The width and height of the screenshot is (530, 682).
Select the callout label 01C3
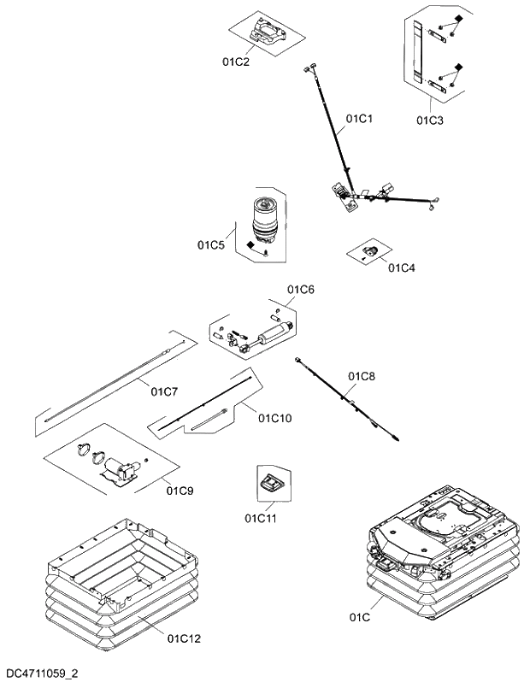(x=430, y=121)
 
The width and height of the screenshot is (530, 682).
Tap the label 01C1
(x=360, y=119)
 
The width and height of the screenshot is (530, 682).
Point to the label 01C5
(x=210, y=245)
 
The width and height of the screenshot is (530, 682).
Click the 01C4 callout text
(x=401, y=268)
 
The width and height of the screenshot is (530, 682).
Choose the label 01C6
(x=301, y=290)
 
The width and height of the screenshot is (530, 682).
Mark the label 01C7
(x=164, y=392)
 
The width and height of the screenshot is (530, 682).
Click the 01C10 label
(x=274, y=418)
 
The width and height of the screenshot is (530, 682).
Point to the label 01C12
(x=184, y=638)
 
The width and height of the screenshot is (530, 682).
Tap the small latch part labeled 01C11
(x=269, y=483)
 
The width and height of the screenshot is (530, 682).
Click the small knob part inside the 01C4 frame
(x=373, y=250)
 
